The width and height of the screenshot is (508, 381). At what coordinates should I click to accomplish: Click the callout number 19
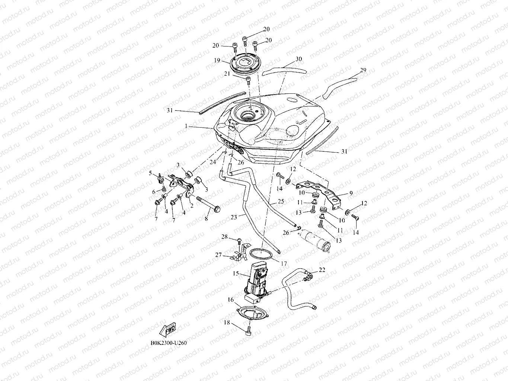pyautogui.click(x=217, y=60)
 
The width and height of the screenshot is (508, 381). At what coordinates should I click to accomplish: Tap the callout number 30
pyautogui.click(x=298, y=59)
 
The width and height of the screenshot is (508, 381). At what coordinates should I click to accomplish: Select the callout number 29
pyautogui.click(x=353, y=70)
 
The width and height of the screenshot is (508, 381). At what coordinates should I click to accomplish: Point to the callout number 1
pyautogui.click(x=186, y=127)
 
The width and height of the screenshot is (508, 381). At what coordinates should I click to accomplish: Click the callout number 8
pyautogui.click(x=206, y=220)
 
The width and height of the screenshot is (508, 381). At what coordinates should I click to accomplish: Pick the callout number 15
pyautogui.click(x=236, y=273)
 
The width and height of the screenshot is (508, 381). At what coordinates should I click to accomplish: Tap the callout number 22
pyautogui.click(x=322, y=270)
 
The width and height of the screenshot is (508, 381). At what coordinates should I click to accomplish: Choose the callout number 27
pyautogui.click(x=218, y=255)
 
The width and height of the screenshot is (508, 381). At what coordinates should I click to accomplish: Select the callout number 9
pyautogui.click(x=350, y=193)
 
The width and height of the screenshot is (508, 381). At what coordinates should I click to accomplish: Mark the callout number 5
pyautogui.click(x=150, y=173)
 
